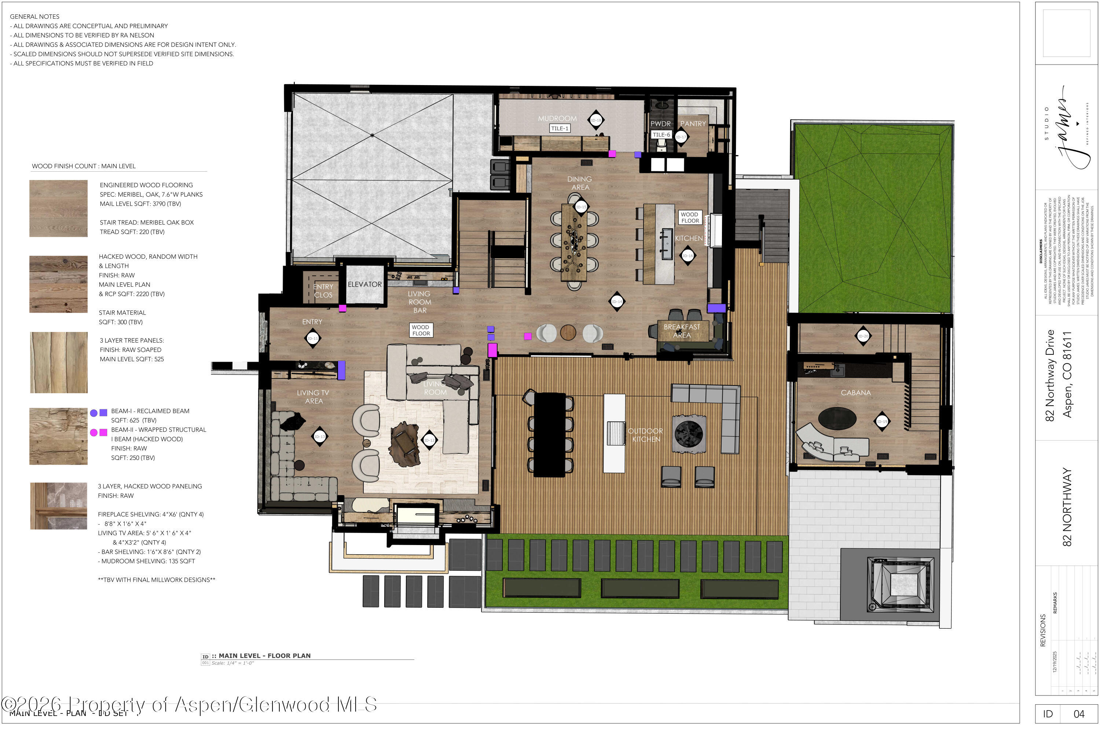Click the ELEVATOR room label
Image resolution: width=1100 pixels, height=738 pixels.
tap(364, 285)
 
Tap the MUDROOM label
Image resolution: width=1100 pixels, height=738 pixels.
tap(557, 118)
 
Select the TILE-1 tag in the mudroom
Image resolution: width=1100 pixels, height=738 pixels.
tap(560, 128)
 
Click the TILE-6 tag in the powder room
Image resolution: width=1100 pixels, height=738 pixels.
tap(661, 135)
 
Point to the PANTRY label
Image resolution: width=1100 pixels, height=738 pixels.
tap(693, 124)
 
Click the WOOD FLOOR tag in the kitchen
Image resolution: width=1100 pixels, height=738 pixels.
tap(690, 218)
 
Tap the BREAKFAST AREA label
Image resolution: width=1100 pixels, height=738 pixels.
tap(682, 331)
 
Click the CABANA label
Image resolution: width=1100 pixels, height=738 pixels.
tap(855, 393)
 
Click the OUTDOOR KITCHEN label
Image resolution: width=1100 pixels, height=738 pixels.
tap(645, 435)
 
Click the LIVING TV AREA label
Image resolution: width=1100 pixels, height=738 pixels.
tap(313, 397)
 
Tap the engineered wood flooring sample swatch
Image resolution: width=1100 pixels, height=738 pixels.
tap(58, 208)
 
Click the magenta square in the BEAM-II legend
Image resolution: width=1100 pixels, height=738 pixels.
tap(103, 432)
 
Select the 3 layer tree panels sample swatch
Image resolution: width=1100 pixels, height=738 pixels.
tap(59, 363)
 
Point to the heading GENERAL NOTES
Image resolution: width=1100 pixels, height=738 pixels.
tap(35, 17)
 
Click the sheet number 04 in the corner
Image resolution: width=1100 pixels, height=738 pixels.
tap(1078, 715)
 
